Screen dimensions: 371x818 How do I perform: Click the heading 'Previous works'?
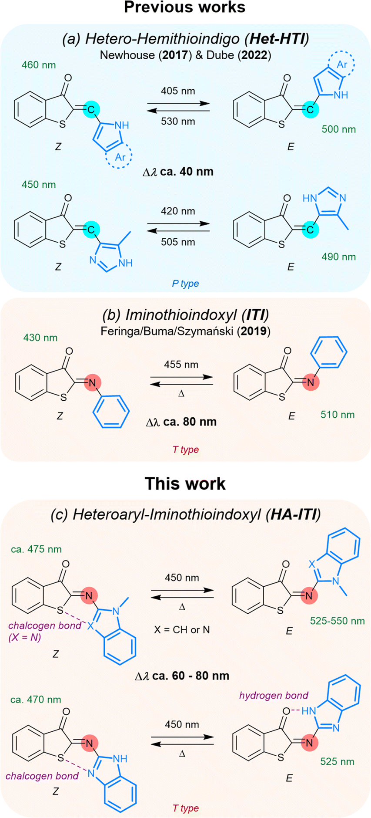[x=185, y=7]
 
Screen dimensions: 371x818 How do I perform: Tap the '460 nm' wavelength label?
[x=39, y=65]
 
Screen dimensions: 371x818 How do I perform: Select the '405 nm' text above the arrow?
[x=178, y=91]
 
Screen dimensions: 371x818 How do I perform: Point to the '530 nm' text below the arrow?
[x=178, y=122]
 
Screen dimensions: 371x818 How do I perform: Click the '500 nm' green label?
[x=339, y=129]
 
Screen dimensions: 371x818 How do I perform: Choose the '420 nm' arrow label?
[x=178, y=211]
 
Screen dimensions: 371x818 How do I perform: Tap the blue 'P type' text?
[x=185, y=284]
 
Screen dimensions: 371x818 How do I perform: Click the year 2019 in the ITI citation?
[x=254, y=331]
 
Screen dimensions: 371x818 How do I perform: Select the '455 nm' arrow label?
[x=181, y=365]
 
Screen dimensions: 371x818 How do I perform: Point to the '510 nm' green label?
[x=338, y=415]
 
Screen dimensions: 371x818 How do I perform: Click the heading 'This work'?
[x=185, y=483]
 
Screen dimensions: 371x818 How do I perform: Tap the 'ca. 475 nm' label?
[x=37, y=550]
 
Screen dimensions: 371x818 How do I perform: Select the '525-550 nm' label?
[x=338, y=621]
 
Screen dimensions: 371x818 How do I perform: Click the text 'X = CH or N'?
[x=182, y=630]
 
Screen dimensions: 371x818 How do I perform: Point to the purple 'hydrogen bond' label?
[x=274, y=696]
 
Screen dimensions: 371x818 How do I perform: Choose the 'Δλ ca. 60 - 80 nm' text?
[x=182, y=676]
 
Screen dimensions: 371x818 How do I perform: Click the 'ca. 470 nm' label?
[x=36, y=700]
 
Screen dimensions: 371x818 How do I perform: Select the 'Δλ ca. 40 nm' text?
[x=178, y=172]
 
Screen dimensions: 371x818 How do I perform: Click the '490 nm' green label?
[x=339, y=257]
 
